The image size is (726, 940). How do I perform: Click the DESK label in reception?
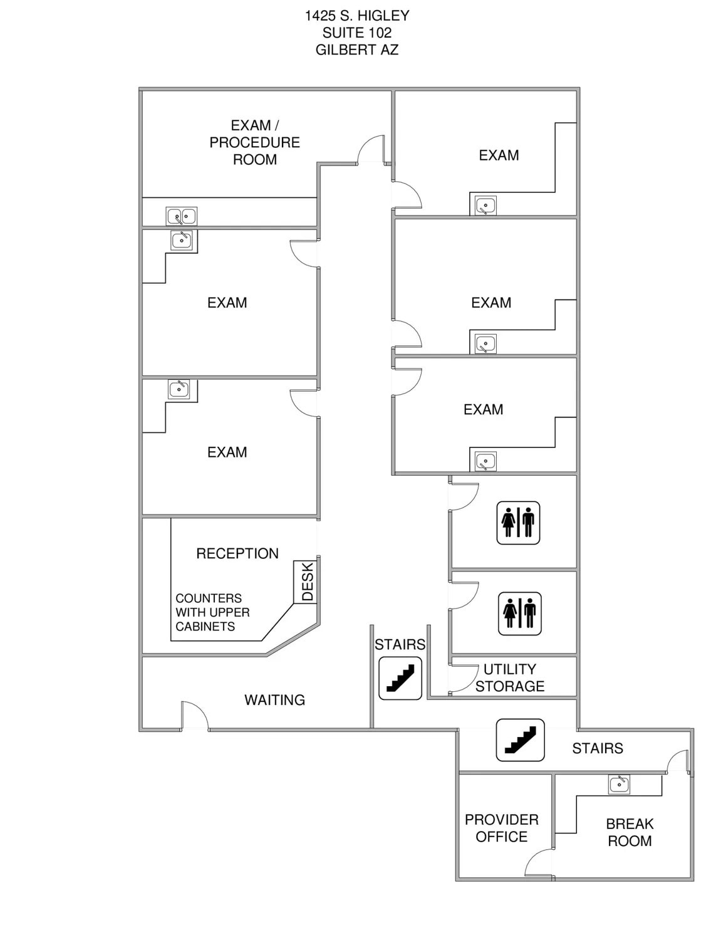[307, 582]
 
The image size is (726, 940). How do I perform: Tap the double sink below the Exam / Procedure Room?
[181, 216]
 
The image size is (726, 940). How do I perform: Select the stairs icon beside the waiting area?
[400, 678]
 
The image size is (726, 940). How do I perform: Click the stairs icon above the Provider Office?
[520, 740]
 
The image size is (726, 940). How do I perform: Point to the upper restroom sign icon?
[518, 523]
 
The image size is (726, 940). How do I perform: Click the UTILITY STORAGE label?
[509, 677]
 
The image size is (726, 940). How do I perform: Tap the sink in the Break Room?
[619, 784]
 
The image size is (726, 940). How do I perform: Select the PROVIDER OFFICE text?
[501, 828]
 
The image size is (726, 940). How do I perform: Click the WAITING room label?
[274, 700]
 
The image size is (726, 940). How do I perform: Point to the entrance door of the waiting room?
[194, 716]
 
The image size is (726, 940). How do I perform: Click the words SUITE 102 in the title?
[357, 33]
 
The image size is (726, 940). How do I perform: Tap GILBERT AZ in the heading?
[357, 50]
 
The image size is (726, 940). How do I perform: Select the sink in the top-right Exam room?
[485, 206]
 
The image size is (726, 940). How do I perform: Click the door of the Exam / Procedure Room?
[371, 150]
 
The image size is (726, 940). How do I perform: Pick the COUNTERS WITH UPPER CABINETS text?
[212, 612]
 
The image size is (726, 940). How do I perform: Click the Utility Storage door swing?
[462, 679]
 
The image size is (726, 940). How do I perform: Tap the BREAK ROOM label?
[630, 832]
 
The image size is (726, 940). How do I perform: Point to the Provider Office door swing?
[539, 862]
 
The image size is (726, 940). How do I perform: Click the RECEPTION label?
[237, 553]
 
